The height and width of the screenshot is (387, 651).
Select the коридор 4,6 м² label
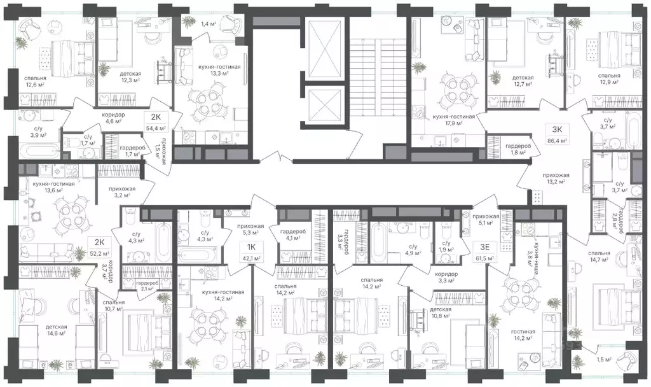[113, 119]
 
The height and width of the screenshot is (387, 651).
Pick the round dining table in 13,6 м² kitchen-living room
[67, 216]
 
